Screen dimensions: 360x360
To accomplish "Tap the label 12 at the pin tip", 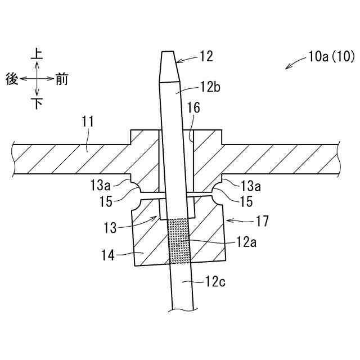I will (x=206, y=56).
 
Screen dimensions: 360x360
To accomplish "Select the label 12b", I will (x=209, y=88).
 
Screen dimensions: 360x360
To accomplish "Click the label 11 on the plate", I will (x=88, y=121).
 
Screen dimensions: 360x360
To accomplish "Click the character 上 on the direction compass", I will (x=37, y=53).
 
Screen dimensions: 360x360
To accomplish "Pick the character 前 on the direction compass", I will (x=62, y=79).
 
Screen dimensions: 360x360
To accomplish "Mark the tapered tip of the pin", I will (x=168, y=65).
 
